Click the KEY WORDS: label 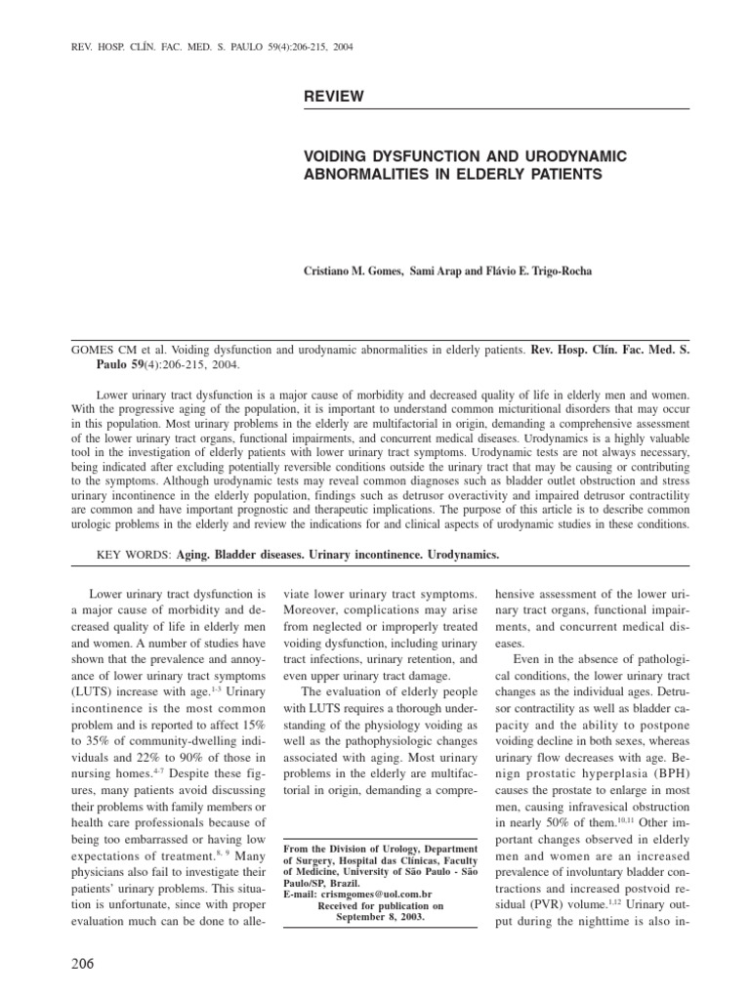(x=134, y=555)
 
